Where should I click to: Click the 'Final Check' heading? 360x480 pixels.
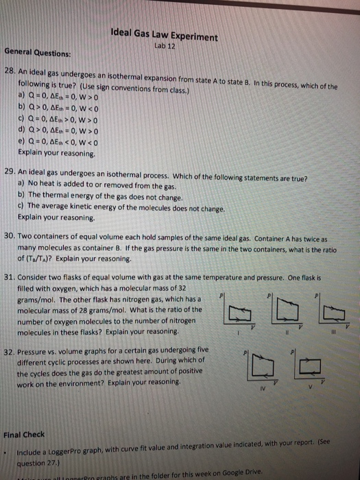[x=25, y=433]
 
